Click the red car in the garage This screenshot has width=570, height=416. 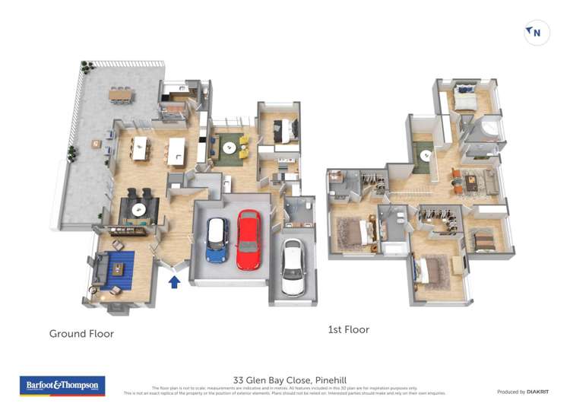[248, 240]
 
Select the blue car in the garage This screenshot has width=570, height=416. [217, 240]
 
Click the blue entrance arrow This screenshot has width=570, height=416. [174, 282]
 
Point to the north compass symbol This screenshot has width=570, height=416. [537, 33]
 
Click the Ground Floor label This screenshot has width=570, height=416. [81, 333]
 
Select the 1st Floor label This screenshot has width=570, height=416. [348, 329]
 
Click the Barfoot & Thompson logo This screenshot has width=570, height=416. [62, 386]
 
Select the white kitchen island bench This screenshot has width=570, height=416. [177, 150]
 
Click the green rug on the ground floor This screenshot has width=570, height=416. [228, 147]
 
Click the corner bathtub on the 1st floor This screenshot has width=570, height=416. [488, 131]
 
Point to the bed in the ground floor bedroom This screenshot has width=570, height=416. [280, 130]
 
